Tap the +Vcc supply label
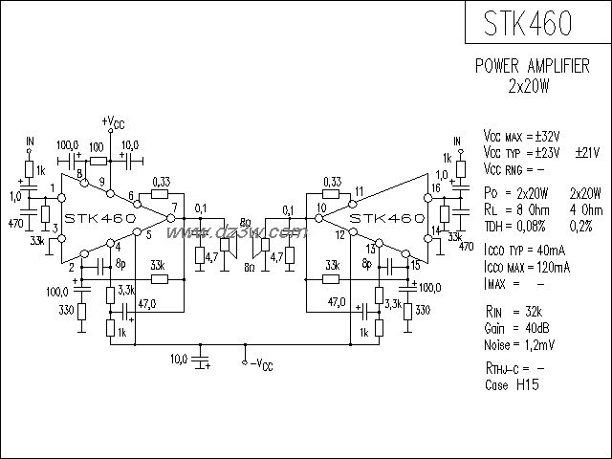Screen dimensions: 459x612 tap(112, 122)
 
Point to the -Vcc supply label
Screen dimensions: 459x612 tap(259, 364)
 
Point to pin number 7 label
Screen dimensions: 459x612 tap(174, 208)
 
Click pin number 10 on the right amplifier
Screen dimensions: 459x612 tap(322, 208)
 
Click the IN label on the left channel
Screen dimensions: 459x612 tap(30, 142)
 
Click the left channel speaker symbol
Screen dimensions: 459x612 tap(226, 247)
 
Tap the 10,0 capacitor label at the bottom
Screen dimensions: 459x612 tap(179, 358)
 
